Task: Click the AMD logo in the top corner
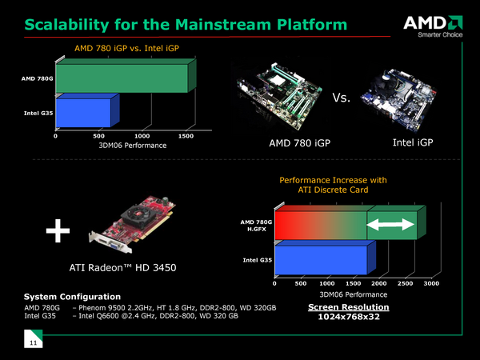click(x=435, y=22)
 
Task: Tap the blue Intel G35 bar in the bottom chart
click(x=320, y=260)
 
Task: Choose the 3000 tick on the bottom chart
click(x=432, y=283)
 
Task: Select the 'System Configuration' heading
click(x=72, y=297)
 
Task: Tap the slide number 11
click(x=33, y=343)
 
